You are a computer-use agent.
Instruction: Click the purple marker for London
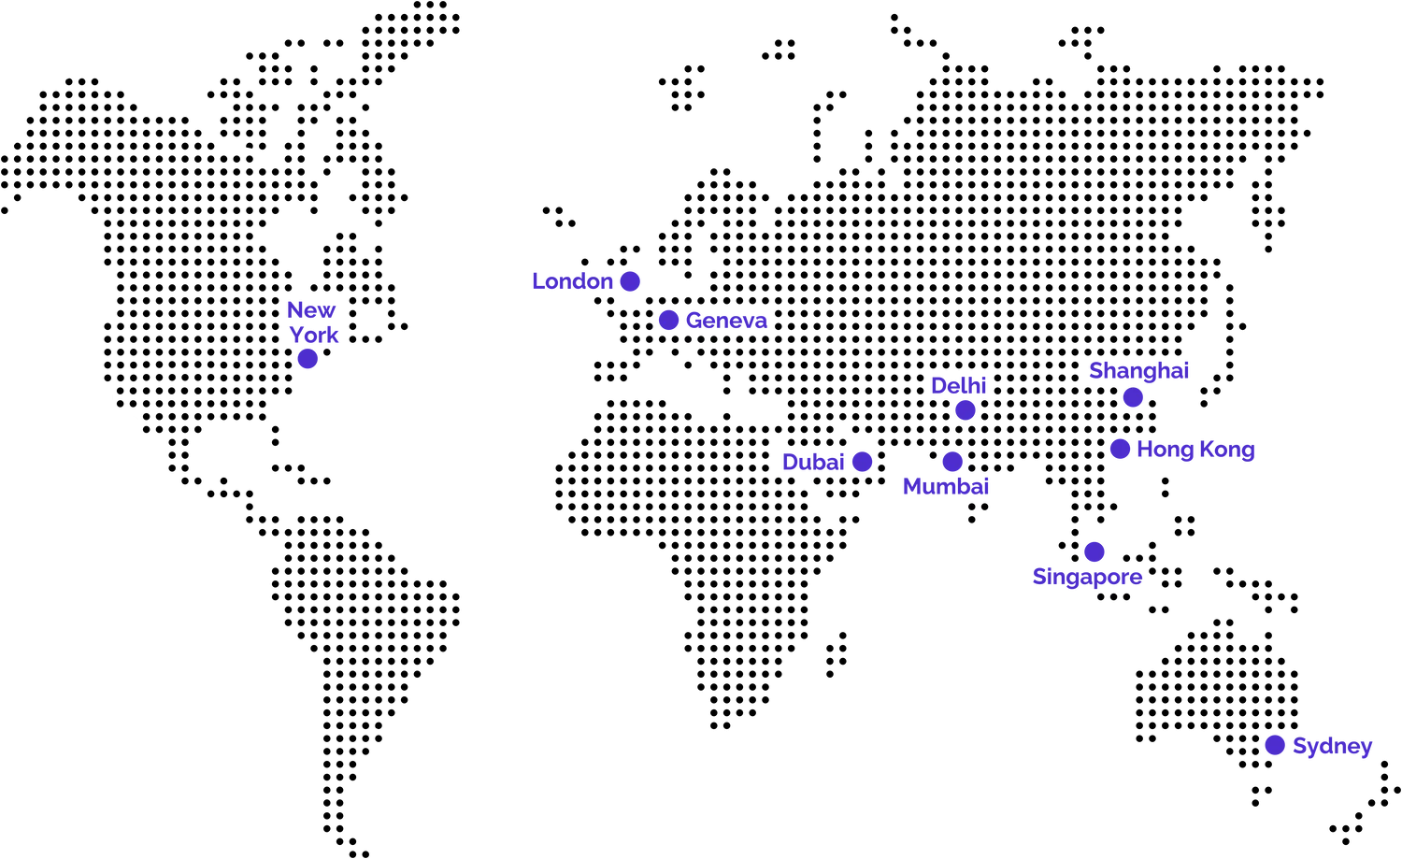pyautogui.click(x=630, y=281)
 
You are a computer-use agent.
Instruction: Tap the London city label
pyautogui.click(x=572, y=281)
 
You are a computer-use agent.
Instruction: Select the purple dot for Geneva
pyautogui.click(x=668, y=320)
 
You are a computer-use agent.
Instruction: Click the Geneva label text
pyautogui.click(x=726, y=321)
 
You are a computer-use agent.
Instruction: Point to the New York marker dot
pyautogui.click(x=308, y=359)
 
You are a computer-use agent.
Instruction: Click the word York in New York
pyautogui.click(x=313, y=335)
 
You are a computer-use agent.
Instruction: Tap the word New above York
pyautogui.click(x=311, y=310)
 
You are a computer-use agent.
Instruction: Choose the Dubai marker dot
pyautogui.click(x=862, y=462)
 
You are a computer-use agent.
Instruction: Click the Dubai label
pyautogui.click(x=813, y=462)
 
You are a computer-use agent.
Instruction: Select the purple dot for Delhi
pyautogui.click(x=966, y=410)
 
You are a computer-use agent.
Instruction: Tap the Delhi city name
pyautogui.click(x=958, y=386)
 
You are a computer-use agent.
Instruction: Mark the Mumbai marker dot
pyautogui.click(x=952, y=462)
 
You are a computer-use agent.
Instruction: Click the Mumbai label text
pyautogui.click(x=946, y=486)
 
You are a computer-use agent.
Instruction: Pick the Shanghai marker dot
pyautogui.click(x=1133, y=397)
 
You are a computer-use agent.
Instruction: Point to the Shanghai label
pyautogui.click(x=1139, y=371)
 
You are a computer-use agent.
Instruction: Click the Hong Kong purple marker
pyautogui.click(x=1120, y=449)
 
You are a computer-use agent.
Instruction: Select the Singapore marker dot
pyautogui.click(x=1094, y=551)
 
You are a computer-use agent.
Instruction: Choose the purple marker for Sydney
pyautogui.click(x=1275, y=745)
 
